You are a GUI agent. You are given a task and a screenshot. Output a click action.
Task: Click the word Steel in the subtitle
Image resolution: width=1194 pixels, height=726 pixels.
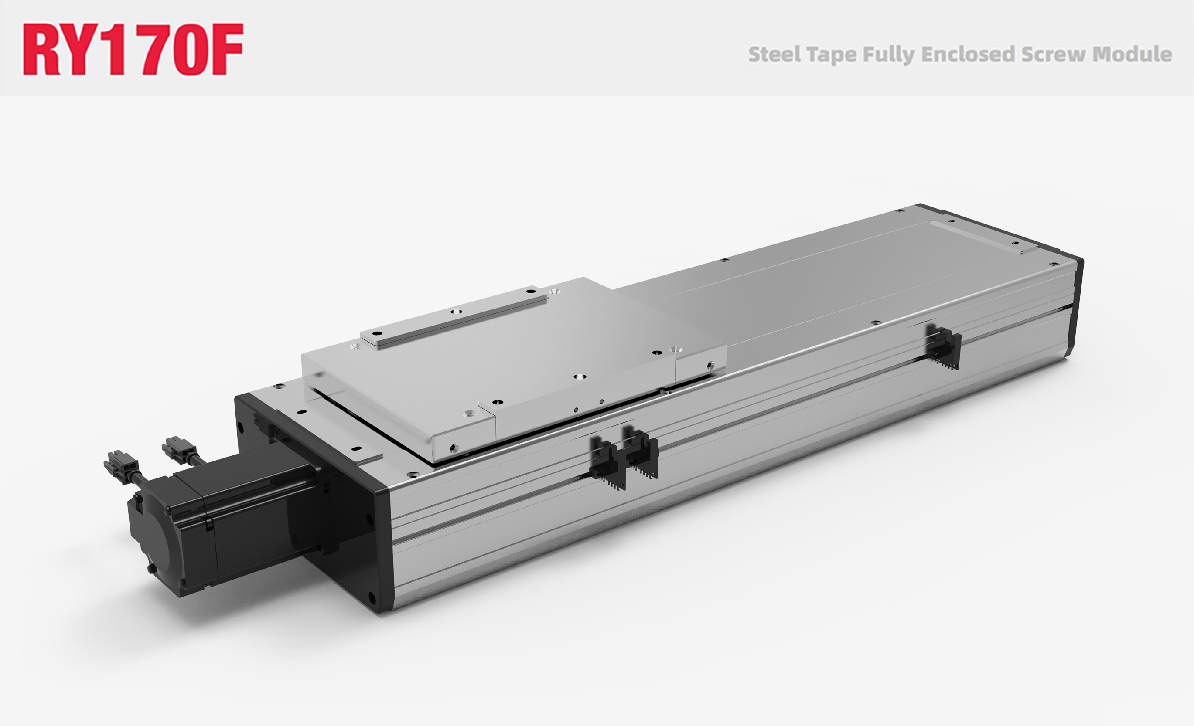pyautogui.click(x=774, y=54)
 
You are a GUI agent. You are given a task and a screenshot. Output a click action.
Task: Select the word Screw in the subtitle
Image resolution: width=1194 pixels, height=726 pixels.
pyautogui.click(x=1054, y=54)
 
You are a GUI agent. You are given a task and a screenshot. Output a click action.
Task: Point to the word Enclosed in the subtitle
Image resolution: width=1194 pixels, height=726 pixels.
pyautogui.click(x=967, y=54)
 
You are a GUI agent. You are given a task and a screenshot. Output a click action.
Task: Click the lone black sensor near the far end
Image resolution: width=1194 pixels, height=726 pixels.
pyautogui.click(x=943, y=347)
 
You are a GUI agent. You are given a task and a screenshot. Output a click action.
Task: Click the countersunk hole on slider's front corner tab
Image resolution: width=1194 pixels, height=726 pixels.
pyautogui.click(x=469, y=414)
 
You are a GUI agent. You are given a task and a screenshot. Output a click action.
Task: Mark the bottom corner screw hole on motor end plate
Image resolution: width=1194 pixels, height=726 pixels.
pyautogui.click(x=372, y=597)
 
